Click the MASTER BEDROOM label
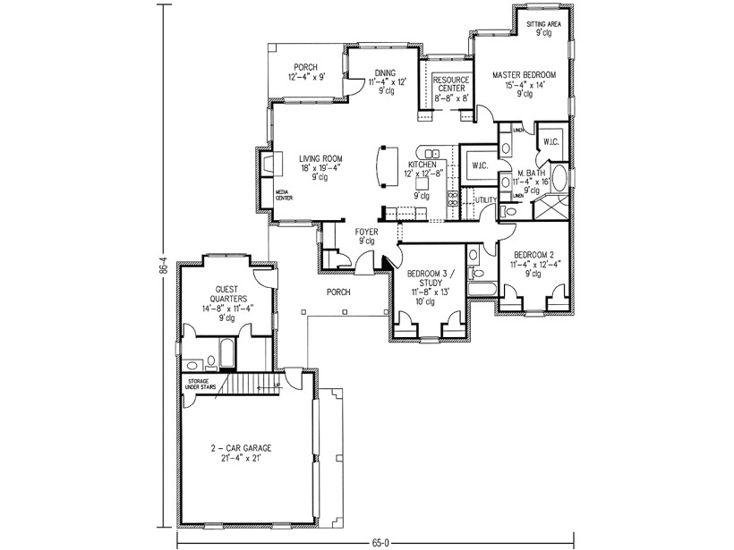click(524, 75)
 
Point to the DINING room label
click(385, 72)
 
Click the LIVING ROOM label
click(320, 159)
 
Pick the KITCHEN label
click(422, 165)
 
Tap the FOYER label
click(366, 232)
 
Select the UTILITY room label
click(485, 200)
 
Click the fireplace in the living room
click(268, 165)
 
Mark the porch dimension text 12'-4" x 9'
click(306, 79)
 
